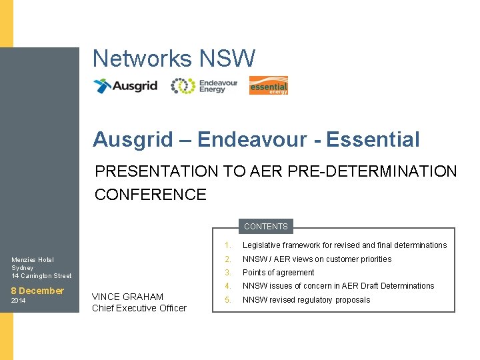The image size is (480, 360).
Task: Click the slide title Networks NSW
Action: [x=173, y=59]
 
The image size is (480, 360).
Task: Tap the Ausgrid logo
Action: [x=125, y=86]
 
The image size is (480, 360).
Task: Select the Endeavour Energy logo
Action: [x=204, y=86]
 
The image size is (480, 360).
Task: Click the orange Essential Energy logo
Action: [x=268, y=86]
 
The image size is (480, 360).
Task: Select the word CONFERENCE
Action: [x=151, y=195]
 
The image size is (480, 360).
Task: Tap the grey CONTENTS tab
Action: [x=265, y=227]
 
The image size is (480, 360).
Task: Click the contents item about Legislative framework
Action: [x=344, y=245]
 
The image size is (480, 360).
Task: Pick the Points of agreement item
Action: [x=278, y=273]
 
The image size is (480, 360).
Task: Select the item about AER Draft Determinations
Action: [x=338, y=286]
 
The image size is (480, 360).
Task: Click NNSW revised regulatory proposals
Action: [x=306, y=300]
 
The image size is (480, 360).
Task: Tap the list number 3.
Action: [x=227, y=273]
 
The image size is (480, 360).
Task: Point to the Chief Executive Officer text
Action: [x=139, y=308]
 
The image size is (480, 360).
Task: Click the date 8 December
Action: [x=37, y=291]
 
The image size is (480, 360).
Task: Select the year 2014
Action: [x=19, y=301]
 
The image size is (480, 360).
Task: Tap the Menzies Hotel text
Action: [x=33, y=260]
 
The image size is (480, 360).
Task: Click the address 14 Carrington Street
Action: [x=41, y=276]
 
